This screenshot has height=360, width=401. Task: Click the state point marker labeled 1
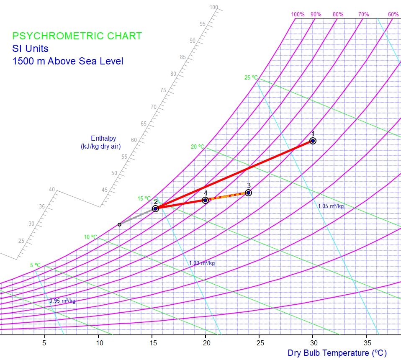pyautogui.click(x=313, y=141)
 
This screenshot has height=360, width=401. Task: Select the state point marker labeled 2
pyautogui.click(x=155, y=208)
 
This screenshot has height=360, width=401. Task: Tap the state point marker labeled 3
pyautogui.click(x=248, y=193)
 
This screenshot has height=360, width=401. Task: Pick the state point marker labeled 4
pyautogui.click(x=205, y=200)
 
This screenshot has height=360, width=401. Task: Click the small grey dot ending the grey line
pyautogui.click(x=119, y=224)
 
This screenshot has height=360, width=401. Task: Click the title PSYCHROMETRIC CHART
pyautogui.click(x=77, y=36)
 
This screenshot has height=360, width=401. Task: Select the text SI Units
pyautogui.click(x=30, y=49)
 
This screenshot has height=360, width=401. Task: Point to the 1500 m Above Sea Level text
pyautogui.click(x=68, y=61)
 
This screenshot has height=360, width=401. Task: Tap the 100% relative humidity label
pyautogui.click(x=298, y=14)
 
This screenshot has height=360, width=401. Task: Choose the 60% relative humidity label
pyautogui.click(x=393, y=14)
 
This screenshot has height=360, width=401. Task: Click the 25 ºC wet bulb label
pyautogui.click(x=251, y=77)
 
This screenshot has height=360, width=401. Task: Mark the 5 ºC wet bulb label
pyautogui.click(x=36, y=265)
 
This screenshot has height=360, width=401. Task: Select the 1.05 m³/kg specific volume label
pyautogui.click(x=331, y=206)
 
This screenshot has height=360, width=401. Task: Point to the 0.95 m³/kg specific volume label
pyautogui.click(x=62, y=301)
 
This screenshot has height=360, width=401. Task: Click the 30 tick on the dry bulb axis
pyautogui.click(x=313, y=342)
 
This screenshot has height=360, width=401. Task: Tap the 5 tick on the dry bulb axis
pyautogui.click(x=44, y=342)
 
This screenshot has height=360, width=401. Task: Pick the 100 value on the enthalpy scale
pyautogui.click(x=214, y=7)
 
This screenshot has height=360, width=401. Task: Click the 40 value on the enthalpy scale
pyautogui.click(x=52, y=190)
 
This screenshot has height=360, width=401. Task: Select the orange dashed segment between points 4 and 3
pyautogui.click(x=227, y=196)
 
